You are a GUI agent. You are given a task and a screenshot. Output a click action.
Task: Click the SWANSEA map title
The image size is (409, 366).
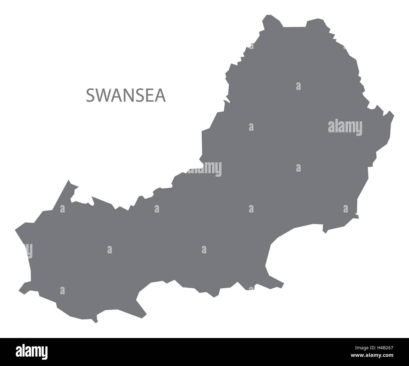[126, 96]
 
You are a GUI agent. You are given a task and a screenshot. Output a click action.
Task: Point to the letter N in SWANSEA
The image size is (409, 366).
[127, 96]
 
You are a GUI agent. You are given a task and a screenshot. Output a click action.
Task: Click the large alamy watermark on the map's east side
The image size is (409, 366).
[345, 127]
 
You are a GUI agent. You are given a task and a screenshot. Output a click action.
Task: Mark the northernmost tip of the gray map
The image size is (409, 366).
[268, 15]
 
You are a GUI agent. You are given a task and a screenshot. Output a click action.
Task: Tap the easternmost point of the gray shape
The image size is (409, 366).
[394, 115]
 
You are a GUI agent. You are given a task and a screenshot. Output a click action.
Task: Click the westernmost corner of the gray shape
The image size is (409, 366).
[15, 230]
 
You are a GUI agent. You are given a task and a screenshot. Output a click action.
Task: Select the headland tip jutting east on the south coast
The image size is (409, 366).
[283, 282]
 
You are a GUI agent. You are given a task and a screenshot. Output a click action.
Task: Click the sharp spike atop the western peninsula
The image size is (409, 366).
[68, 181]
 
